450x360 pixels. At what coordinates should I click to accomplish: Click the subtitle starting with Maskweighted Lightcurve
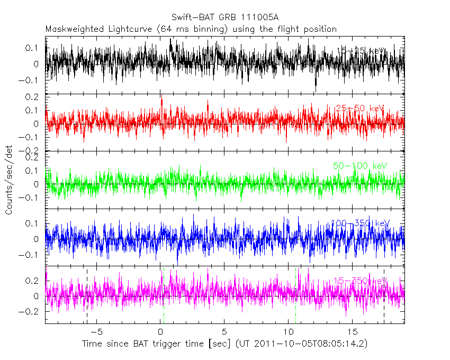tap(191, 29)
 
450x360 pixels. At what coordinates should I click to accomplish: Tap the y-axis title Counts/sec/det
tap(9, 181)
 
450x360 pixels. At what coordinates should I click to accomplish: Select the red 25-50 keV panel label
tap(359, 109)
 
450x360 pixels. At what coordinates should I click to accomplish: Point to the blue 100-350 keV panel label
tap(360, 223)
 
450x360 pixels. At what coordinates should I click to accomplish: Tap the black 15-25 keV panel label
tap(360, 51)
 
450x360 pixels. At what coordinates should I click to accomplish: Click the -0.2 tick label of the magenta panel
tap(31, 312)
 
